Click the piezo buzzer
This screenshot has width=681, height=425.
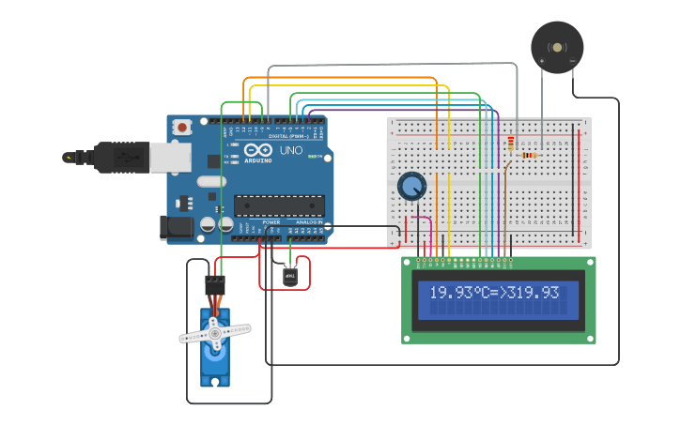coord(557,47)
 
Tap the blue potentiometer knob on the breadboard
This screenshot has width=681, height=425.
coord(411,187)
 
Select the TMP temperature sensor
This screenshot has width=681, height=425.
coord(291,276)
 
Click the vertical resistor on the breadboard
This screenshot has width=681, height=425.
coord(511,144)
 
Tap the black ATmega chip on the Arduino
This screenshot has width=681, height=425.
coord(279,205)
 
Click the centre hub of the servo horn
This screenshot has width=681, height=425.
coord(214,333)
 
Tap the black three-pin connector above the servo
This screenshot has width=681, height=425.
coord(215,284)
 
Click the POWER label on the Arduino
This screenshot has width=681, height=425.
coord(271,221)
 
